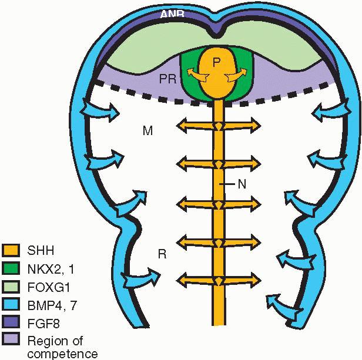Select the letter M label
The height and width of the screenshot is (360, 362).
point(148,131)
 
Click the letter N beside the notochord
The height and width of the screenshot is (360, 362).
point(240,184)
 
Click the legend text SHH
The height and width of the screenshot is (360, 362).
point(41,251)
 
